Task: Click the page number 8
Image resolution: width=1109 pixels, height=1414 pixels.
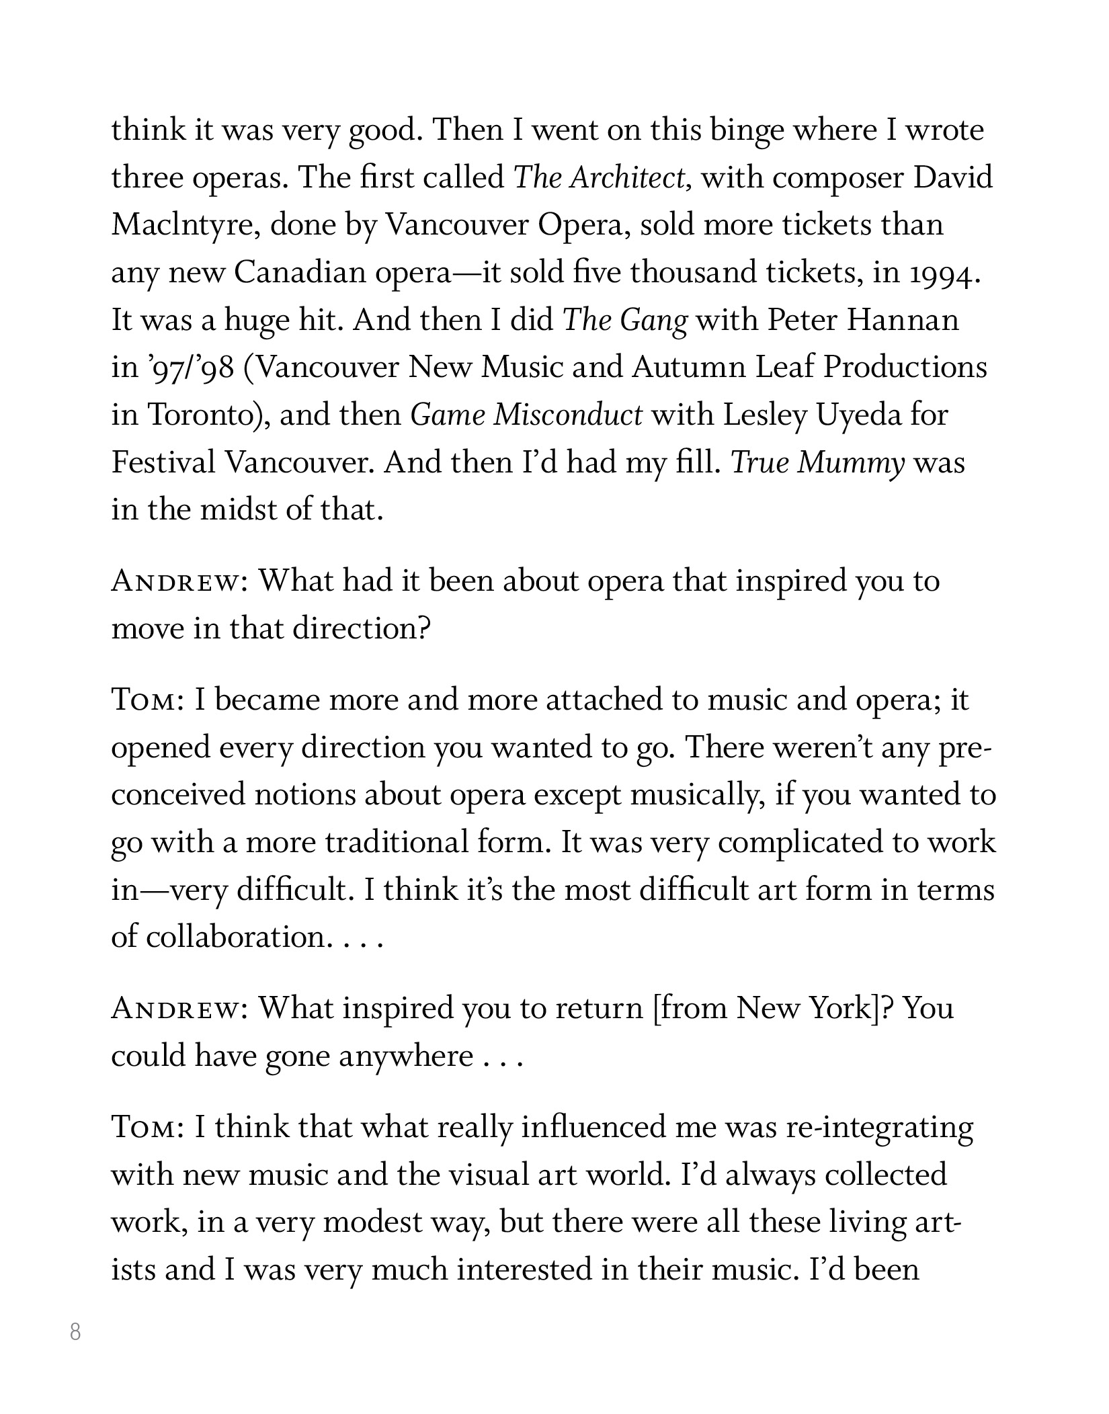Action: [x=75, y=1331]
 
